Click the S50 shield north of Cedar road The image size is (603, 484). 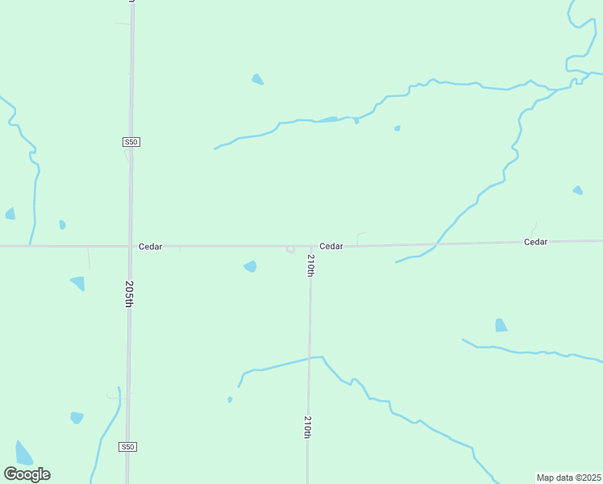pos(132,142)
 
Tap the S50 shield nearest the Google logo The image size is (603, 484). pos(127,447)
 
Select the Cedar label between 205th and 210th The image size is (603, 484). pos(151,247)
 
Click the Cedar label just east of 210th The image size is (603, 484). pos(331,246)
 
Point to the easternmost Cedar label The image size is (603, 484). pos(535,242)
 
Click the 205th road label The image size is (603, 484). pos(129,294)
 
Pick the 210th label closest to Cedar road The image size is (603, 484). pos(310,265)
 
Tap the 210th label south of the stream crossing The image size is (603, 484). pos(308,427)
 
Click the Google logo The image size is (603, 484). pos(27,474)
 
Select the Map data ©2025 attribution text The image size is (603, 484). pos(568,478)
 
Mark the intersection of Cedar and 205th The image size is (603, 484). pos(131,246)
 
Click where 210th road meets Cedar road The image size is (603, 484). pos(311,246)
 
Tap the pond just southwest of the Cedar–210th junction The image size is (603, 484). pos(251,266)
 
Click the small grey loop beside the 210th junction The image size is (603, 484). pos(290,249)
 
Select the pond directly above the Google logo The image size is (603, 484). pos(23,453)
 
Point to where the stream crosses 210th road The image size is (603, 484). pos(310,357)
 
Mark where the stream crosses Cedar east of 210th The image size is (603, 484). pos(438,243)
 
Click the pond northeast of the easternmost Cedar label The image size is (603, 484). pos(577,190)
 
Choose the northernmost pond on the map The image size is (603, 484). pos(257,79)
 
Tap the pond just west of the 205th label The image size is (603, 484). pos(78,283)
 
